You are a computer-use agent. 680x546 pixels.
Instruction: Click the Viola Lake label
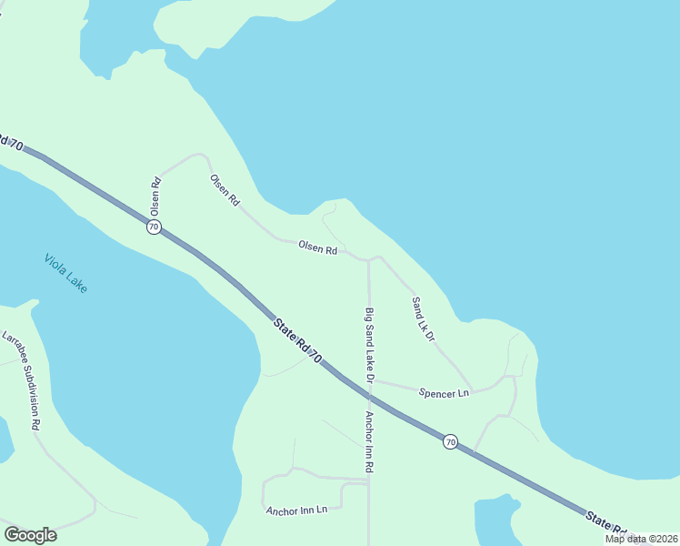[66, 272]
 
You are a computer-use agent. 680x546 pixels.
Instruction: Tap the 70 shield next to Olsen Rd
[154, 227]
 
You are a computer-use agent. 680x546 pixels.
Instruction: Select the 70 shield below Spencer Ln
[450, 441]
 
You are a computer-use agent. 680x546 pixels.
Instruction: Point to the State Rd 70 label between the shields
[297, 340]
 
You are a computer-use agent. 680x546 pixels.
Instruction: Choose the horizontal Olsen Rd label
[318, 248]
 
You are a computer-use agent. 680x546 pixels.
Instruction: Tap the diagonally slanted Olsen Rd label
[225, 189]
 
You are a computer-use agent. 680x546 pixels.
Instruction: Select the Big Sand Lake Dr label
[370, 344]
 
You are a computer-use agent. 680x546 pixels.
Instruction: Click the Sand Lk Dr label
[424, 318]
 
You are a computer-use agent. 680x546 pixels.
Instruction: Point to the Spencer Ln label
[445, 393]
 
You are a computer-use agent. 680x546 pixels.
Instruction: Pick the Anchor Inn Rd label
[370, 441]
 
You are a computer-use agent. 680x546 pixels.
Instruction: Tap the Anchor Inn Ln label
[296, 510]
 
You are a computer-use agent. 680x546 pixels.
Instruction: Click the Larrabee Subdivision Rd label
[22, 379]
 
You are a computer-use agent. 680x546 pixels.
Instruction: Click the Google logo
[30, 534]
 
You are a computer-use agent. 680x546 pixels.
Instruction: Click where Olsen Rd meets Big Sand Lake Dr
[368, 259]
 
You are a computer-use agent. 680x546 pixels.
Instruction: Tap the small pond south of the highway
[495, 519]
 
